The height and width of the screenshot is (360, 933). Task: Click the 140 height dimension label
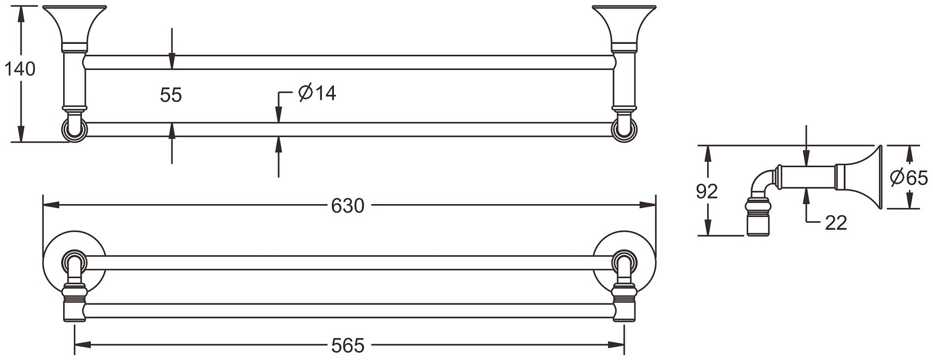pyautogui.click(x=20, y=69)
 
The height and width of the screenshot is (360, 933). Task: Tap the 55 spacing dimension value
pyautogui.click(x=171, y=95)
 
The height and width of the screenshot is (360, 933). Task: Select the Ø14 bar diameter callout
pyautogui.click(x=317, y=92)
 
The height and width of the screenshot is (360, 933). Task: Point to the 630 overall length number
pyautogui.click(x=347, y=205)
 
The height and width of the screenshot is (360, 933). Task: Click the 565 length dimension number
pyautogui.click(x=348, y=346)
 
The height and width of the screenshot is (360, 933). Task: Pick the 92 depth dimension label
pyautogui.click(x=707, y=191)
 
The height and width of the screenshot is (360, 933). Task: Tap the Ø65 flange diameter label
pyautogui.click(x=909, y=177)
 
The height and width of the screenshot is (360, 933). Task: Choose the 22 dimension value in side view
pyautogui.click(x=836, y=223)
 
